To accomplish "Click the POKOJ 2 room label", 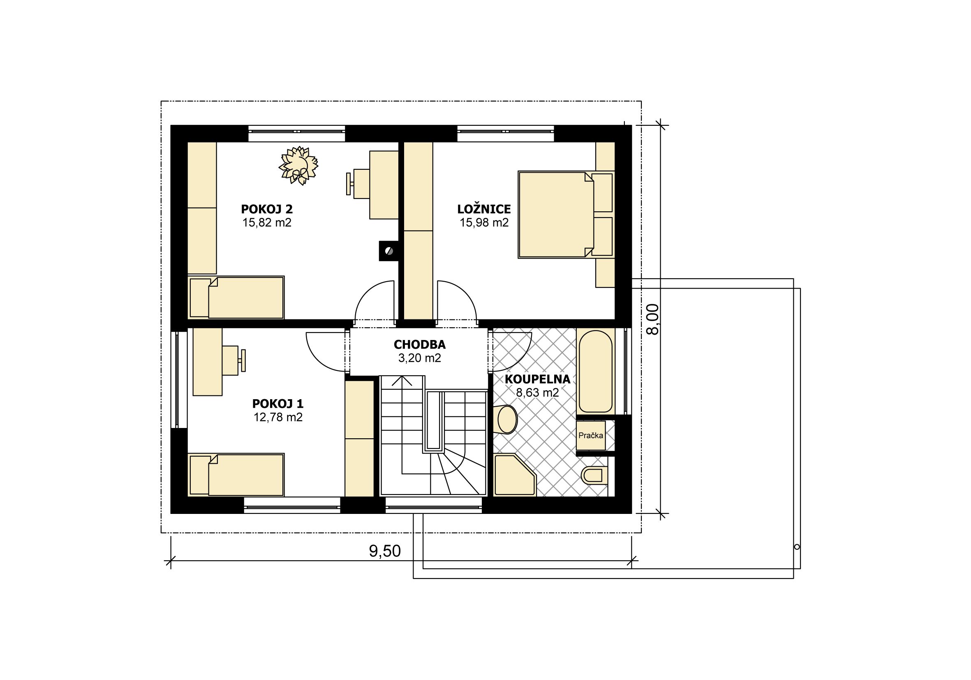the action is click(x=267, y=209).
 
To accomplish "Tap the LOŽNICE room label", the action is click(x=484, y=209).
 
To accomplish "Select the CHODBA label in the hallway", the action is click(x=420, y=345).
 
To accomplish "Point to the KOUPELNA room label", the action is click(x=538, y=379).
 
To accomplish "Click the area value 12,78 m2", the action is click(x=278, y=417).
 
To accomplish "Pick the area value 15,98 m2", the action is click(x=484, y=222).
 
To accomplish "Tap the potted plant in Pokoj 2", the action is click(x=298, y=165).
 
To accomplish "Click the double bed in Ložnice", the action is click(x=566, y=215).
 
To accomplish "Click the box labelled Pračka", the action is click(x=591, y=435).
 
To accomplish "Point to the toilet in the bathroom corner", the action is click(x=594, y=475).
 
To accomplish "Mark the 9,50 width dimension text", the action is click(x=385, y=551).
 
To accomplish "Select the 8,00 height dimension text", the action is click(x=653, y=319).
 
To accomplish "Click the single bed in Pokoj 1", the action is click(x=236, y=474).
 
